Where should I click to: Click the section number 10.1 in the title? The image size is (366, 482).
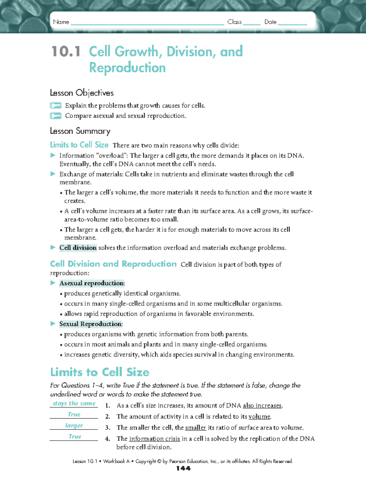coord(66,52)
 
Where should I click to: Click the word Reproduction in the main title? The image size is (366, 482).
coord(127,68)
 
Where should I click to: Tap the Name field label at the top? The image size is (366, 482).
coord(61,22)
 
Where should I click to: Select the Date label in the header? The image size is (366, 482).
coord(270,22)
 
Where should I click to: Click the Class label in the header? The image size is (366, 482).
coord(234,22)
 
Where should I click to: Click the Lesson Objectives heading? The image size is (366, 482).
coord(82,93)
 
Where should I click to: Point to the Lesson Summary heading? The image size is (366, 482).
coord(80,131)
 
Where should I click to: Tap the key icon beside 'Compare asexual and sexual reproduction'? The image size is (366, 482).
coord(56,116)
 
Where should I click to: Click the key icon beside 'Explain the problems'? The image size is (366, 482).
coord(56,105)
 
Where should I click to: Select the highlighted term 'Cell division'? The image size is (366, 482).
coord(78,248)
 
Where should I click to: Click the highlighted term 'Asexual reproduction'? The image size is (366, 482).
coord(92,283)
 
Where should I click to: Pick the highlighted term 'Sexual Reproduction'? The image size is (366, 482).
coord(91,324)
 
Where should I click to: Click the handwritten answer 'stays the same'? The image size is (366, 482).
coord(74,403)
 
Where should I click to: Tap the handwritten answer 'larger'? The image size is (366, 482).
coord(74,425)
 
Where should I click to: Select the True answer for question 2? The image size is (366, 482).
coord(74,414)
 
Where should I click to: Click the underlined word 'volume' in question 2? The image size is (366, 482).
coord(259,417)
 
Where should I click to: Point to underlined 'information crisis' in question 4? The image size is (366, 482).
coord(154,439)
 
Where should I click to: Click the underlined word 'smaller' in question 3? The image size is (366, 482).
coord(196,428)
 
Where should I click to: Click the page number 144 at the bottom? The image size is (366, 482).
coord(183,469)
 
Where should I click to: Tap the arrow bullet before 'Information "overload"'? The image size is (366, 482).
coord(53,155)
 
